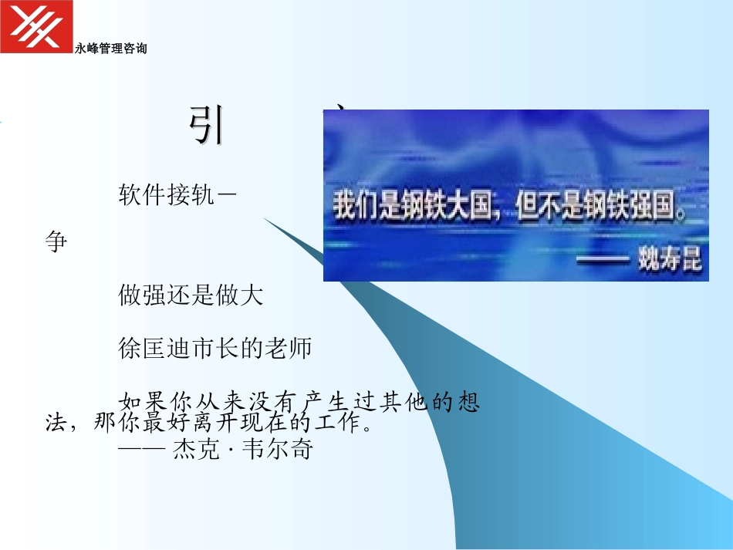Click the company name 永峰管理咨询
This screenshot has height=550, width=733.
[111, 49]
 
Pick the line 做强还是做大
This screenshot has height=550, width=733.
[191, 295]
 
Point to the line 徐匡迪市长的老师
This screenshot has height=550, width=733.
[214, 349]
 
